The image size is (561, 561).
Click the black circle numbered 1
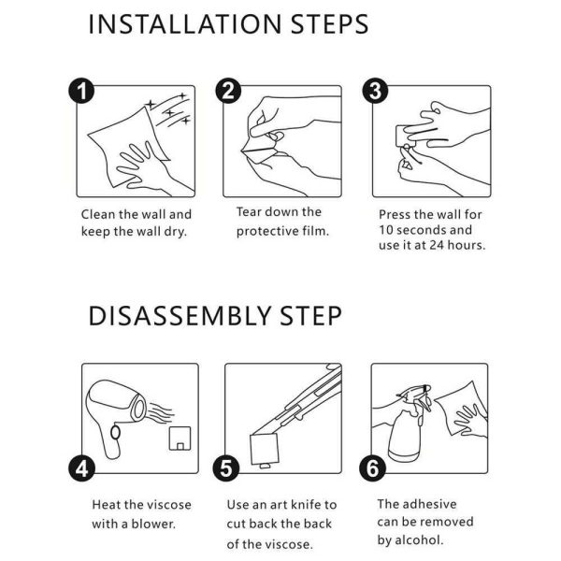coord(81,91)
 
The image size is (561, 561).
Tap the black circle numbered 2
coord(228,91)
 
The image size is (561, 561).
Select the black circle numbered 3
coord(375,91)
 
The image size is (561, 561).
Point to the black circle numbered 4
coord(81,468)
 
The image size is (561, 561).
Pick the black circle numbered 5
coord(225,468)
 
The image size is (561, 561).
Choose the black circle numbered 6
coord(372,468)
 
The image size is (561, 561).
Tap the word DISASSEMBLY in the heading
coord(180,316)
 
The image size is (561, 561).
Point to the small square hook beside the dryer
coord(180,438)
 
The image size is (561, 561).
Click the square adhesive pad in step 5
coord(265,450)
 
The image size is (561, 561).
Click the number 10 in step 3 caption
coord(386,230)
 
